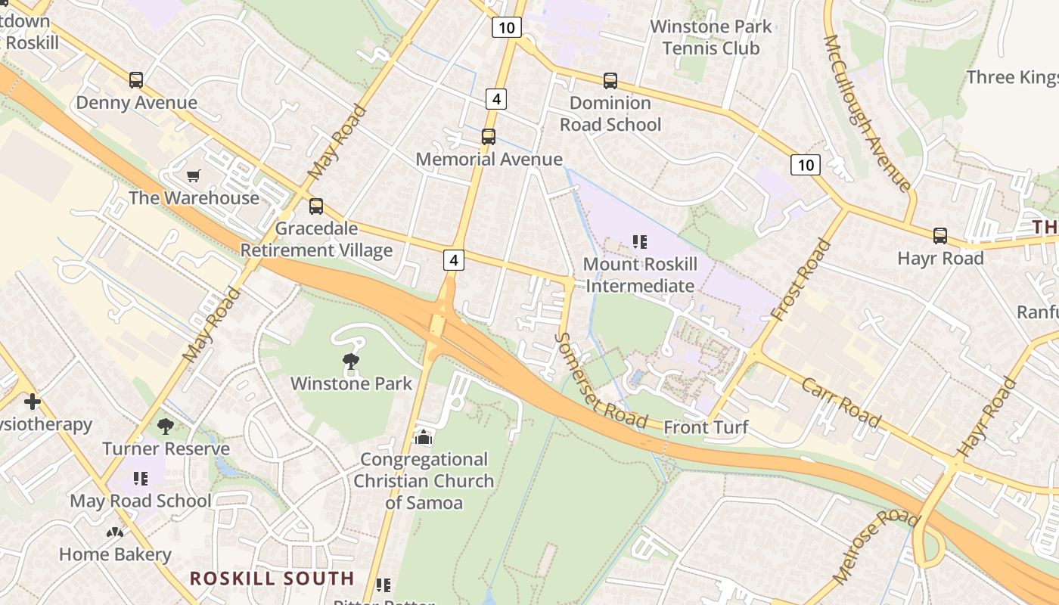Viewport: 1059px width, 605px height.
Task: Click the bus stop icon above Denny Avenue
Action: tap(136, 80)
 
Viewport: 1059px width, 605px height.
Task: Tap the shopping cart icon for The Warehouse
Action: tap(194, 176)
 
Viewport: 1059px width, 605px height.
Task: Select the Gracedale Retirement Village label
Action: tap(316, 239)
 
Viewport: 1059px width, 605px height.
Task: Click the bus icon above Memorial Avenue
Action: tap(489, 137)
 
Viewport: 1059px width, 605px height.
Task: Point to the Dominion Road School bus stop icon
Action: tap(610, 80)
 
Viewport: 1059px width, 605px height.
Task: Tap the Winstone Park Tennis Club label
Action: tap(711, 37)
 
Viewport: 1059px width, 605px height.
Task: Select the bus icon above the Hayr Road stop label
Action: tap(939, 236)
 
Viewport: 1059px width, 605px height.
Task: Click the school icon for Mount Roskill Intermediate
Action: tap(640, 242)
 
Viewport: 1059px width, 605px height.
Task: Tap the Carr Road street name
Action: tap(841, 402)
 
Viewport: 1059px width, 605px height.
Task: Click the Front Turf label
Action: tap(706, 428)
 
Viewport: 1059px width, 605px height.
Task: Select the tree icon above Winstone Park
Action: tap(351, 361)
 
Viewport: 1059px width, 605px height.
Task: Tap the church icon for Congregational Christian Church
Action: tap(424, 437)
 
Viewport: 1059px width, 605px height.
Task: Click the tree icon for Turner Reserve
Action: tap(166, 427)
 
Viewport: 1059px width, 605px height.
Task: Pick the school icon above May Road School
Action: tap(140, 479)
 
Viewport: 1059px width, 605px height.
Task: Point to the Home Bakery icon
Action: tap(115, 532)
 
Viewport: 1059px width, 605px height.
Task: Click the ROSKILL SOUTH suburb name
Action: tap(272, 579)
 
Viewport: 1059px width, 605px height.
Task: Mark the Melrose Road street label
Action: tap(875, 546)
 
